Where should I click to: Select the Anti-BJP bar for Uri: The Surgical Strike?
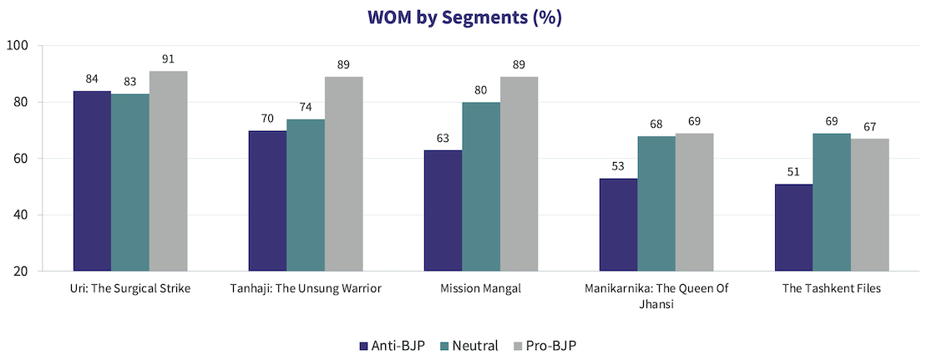(92, 180)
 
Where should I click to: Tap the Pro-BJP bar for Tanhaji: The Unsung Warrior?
(343, 174)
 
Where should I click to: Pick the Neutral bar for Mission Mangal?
(481, 186)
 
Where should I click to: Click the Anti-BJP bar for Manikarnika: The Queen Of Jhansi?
(618, 225)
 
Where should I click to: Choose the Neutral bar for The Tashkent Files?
(832, 202)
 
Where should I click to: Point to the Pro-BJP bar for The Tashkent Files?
(870, 205)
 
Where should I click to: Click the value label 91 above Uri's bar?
(168, 60)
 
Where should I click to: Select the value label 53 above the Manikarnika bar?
(618, 167)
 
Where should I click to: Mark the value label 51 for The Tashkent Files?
(793, 173)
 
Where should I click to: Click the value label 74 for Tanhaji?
(306, 108)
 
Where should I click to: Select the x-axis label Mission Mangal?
(481, 289)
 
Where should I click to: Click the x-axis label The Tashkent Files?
(832, 289)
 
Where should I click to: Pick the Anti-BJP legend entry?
(391, 345)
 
